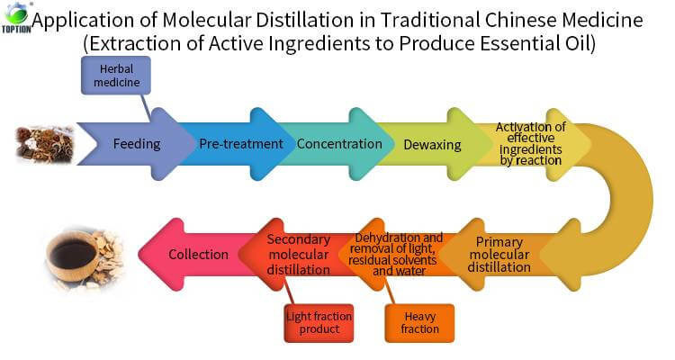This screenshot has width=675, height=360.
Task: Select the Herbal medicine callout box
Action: [x=114, y=76]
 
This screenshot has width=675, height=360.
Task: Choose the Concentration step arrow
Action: [x=338, y=144]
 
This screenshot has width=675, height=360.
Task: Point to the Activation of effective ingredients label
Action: [x=530, y=144]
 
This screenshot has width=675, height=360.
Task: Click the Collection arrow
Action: [x=198, y=254]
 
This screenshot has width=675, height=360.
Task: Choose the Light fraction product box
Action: [x=319, y=323]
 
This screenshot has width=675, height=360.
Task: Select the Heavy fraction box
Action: [x=420, y=323]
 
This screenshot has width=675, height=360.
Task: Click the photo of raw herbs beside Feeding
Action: [x=45, y=144]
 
